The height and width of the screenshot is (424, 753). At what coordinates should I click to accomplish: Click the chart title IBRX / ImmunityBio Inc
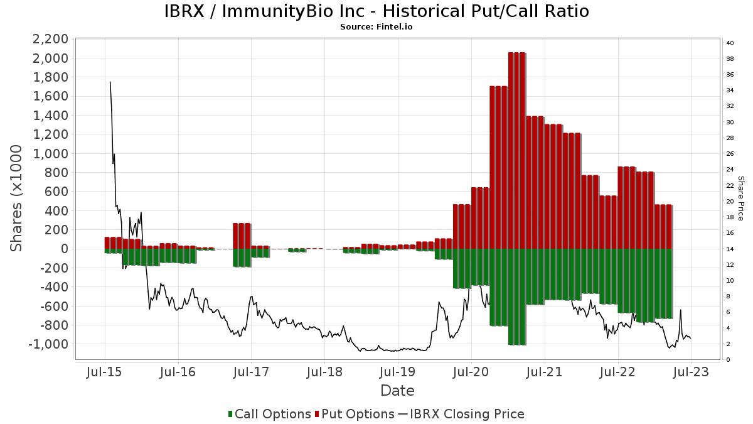point(376,11)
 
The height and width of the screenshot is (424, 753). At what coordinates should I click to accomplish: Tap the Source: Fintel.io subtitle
point(376,27)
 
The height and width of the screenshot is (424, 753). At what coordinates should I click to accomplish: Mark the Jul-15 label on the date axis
point(104,372)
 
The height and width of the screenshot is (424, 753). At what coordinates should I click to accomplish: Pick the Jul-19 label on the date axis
point(397,372)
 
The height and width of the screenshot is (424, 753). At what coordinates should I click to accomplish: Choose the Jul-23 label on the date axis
point(690,372)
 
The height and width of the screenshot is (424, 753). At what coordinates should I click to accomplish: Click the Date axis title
point(397,391)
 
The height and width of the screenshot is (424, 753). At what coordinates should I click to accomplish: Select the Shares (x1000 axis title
point(18,198)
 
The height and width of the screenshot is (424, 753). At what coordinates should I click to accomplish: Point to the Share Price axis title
point(740,198)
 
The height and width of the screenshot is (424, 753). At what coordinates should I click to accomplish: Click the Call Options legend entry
point(269,414)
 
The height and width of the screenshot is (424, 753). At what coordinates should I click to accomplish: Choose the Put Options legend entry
point(356,414)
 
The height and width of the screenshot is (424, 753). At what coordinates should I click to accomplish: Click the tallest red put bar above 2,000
point(516,151)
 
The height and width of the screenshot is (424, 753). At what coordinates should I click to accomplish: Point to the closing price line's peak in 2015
point(110,82)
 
